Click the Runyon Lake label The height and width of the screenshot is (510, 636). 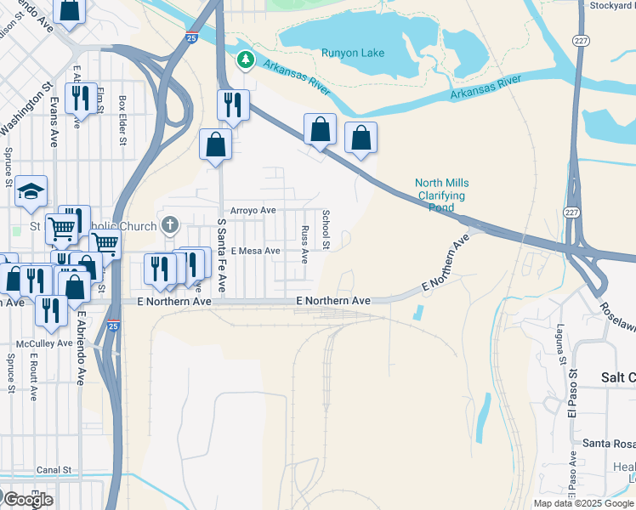[x=352, y=53]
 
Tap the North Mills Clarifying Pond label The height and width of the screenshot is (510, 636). [x=441, y=195]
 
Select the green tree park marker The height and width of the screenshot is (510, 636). [x=246, y=59]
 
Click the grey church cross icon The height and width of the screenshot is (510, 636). [x=170, y=225]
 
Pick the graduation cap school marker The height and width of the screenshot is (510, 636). [x=31, y=190]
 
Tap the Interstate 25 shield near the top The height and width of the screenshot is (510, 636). [x=193, y=37]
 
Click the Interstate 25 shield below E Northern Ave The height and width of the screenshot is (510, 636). [x=114, y=325]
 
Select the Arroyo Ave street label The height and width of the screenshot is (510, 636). [x=253, y=210]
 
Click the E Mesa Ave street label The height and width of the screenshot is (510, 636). [x=255, y=251]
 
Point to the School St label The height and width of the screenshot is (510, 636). [x=325, y=229]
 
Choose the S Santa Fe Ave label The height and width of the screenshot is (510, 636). [x=221, y=255]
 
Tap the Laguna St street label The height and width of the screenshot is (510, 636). [x=560, y=344]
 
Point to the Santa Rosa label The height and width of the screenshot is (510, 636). [x=608, y=444]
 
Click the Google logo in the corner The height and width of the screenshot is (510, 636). [x=27, y=500]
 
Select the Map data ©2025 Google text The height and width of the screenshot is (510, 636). [x=582, y=503]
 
